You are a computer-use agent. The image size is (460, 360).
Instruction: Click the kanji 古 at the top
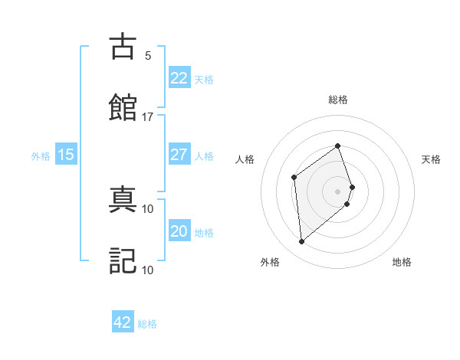coord(123,47)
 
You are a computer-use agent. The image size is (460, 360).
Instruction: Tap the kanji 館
coord(123,106)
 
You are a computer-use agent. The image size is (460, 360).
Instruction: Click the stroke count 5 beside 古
coord(148,56)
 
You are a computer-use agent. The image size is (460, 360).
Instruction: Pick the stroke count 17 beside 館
coord(148,117)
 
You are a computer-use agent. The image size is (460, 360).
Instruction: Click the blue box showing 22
coord(179,78)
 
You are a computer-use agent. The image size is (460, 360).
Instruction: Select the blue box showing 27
coord(179,155)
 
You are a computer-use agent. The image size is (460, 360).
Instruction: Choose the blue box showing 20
coord(179,231)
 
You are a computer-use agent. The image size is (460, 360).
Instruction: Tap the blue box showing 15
coord(66,155)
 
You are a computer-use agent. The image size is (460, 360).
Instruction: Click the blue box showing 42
coord(123,322)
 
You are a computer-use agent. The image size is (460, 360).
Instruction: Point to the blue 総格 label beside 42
coord(147,324)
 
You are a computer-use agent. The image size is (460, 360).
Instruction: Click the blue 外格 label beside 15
coord(41,156)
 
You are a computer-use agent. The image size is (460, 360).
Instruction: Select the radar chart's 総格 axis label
coord(338,100)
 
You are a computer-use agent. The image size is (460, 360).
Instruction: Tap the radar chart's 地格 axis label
coord(402,262)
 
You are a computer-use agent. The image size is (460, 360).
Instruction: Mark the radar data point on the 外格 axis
coord(302,242)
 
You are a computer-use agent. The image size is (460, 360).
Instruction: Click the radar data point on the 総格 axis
coord(338,146)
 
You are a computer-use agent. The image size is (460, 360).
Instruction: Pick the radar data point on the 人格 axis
coord(294,178)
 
